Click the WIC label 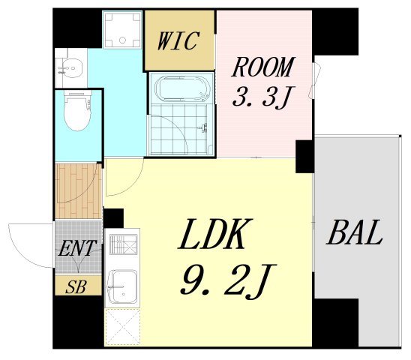coord(178,40)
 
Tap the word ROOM coord(262,68)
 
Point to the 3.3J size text coord(262,97)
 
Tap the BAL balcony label coord(354,234)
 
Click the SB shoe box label coord(75,286)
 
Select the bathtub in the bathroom coord(180,89)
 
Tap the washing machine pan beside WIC coord(121,30)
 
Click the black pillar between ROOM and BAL coord(304,155)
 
